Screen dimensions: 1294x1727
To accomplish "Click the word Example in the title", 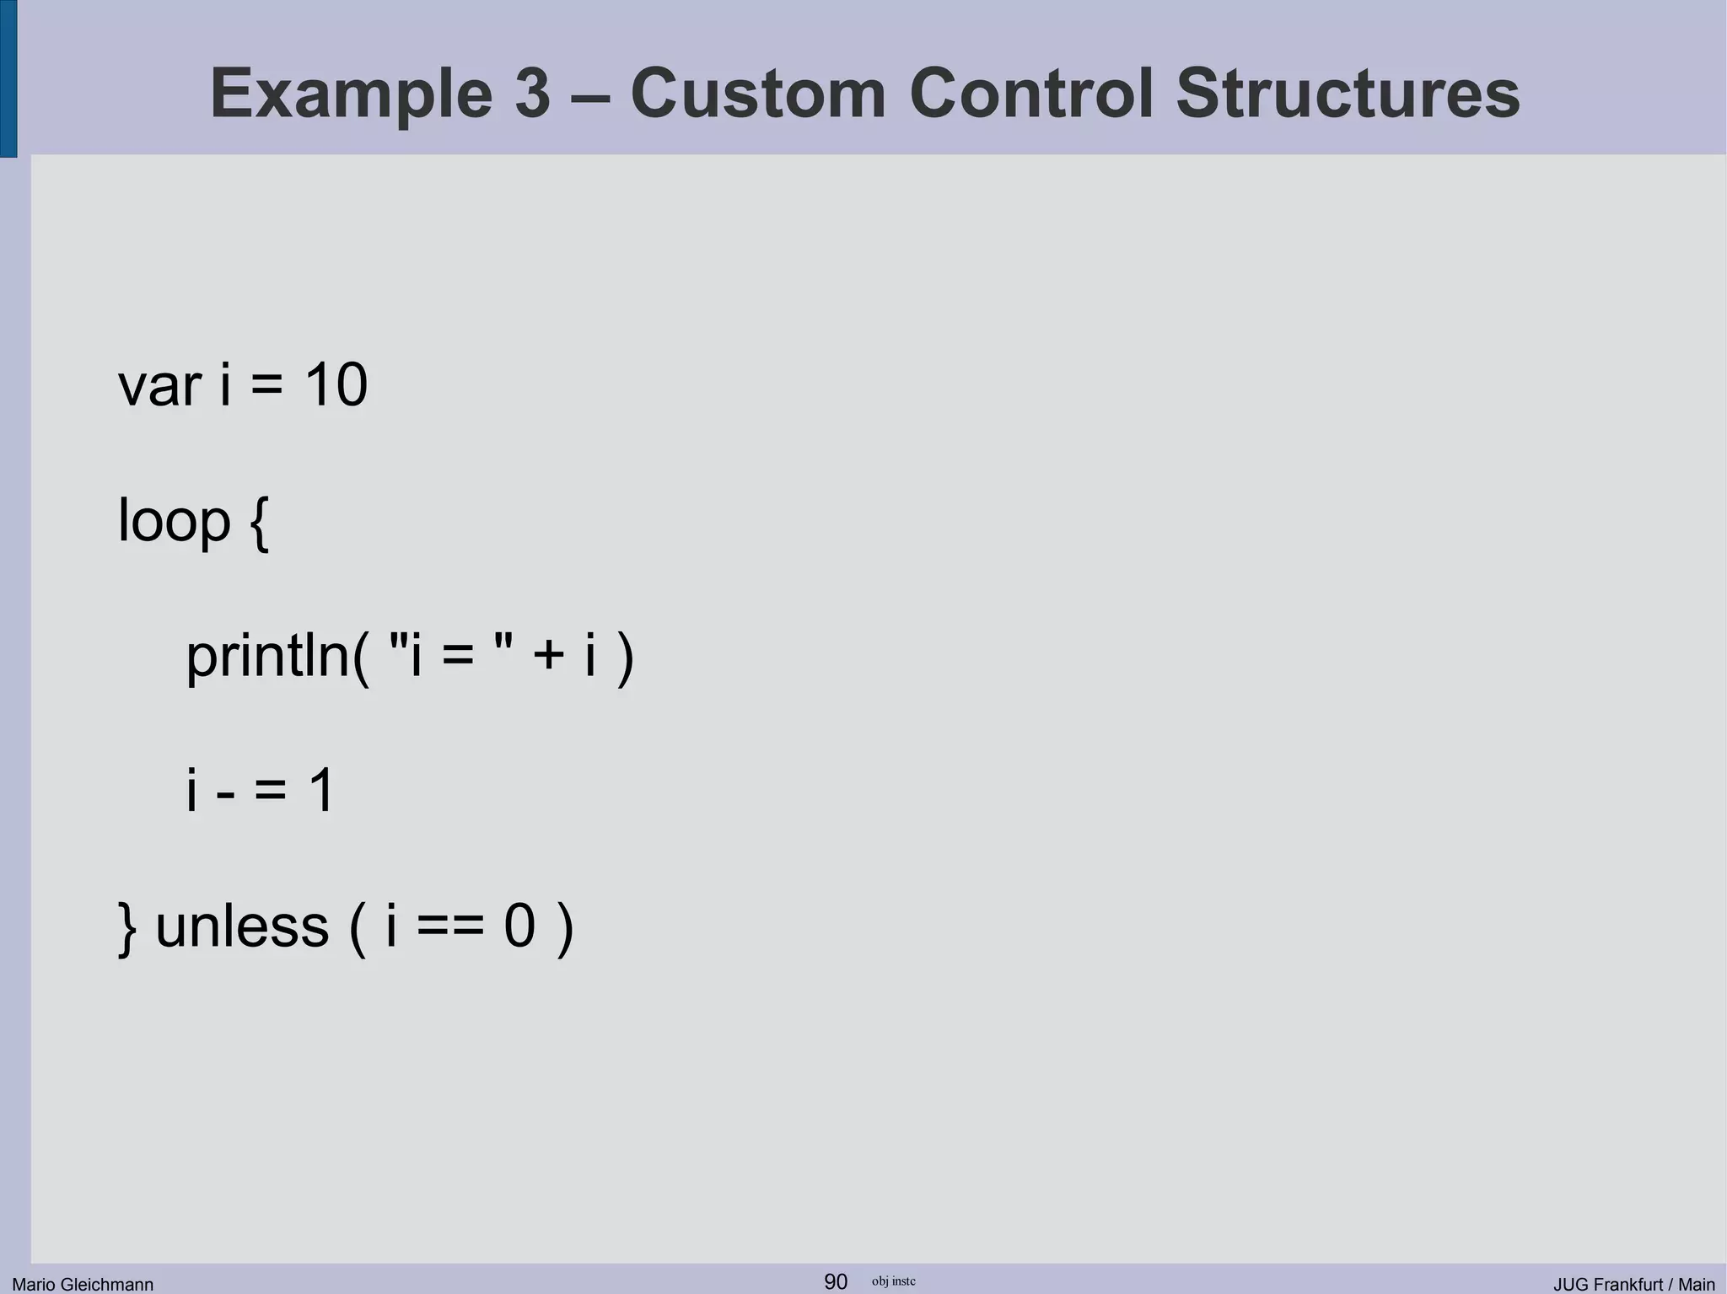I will pyautogui.click(x=350, y=94).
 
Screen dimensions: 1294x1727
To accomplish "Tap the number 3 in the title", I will pyautogui.click(x=532, y=94).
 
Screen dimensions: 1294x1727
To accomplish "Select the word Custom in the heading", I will pyautogui.click(x=758, y=94).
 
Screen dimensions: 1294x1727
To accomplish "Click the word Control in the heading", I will pyautogui.click(x=1030, y=94).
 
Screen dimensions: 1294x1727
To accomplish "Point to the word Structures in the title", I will pyautogui.click(x=1348, y=94).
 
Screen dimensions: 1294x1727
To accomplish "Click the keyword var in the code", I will pyautogui.click(x=159, y=386).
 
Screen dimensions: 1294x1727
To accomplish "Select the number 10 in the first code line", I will pyautogui.click(x=336, y=386).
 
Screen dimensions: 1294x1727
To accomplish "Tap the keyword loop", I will pyautogui.click(x=174, y=522).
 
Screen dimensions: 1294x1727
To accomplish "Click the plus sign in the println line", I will pyautogui.click(x=548, y=656).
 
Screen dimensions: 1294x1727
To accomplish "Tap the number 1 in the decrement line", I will pyautogui.click(x=321, y=791).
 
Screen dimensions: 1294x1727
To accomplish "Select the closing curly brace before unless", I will pyautogui.click(x=127, y=927).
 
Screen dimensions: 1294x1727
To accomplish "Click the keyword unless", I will pyautogui.click(x=242, y=926).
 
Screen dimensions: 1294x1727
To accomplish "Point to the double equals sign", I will pyautogui.click(x=450, y=926).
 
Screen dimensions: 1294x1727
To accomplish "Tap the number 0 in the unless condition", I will pyautogui.click(x=519, y=926).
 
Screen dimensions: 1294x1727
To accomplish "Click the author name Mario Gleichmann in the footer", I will pyautogui.click(x=83, y=1284).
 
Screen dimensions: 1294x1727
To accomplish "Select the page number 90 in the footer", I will pyautogui.click(x=835, y=1281).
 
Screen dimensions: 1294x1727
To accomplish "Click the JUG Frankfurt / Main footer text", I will pyautogui.click(x=1633, y=1284).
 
